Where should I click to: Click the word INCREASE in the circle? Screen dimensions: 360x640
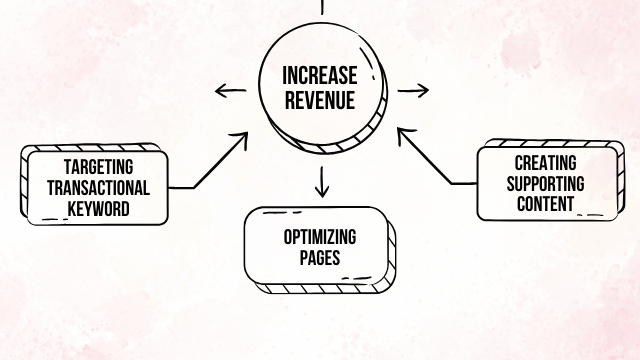click(320, 76)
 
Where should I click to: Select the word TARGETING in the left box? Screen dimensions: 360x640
click(98, 167)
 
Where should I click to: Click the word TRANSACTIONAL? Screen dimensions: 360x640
click(98, 187)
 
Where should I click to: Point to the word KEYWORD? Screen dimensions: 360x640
click(98, 207)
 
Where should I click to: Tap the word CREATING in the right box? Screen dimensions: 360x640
click(545, 162)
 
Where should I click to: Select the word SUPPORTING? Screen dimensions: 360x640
click(545, 183)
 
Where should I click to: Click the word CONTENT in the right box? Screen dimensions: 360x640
click(545, 204)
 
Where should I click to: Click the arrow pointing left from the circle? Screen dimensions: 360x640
click(231, 91)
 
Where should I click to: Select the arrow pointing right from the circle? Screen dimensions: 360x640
click(412, 91)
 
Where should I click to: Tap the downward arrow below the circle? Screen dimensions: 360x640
click(321, 181)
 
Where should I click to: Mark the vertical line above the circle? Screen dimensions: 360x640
click(321, 5)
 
